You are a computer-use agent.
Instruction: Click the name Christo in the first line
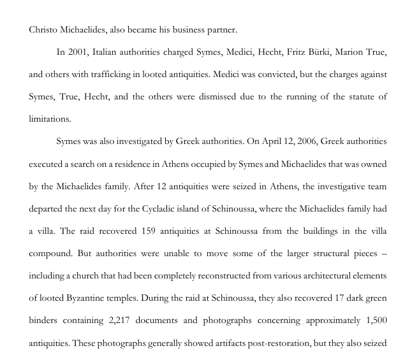click(43, 29)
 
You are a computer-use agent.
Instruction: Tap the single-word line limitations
click(50, 119)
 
